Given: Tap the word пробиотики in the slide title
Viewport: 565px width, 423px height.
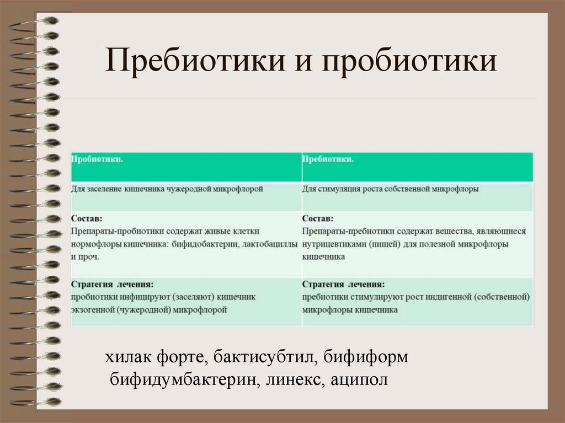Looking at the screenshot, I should tap(410, 61).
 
